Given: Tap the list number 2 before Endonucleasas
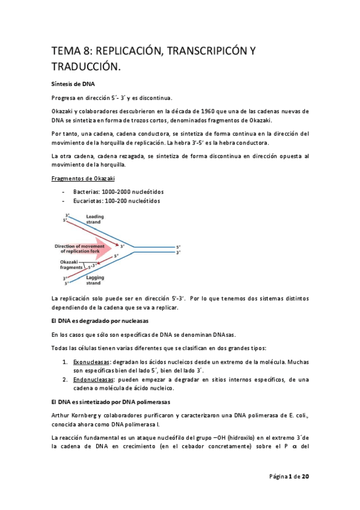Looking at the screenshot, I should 64,381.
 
